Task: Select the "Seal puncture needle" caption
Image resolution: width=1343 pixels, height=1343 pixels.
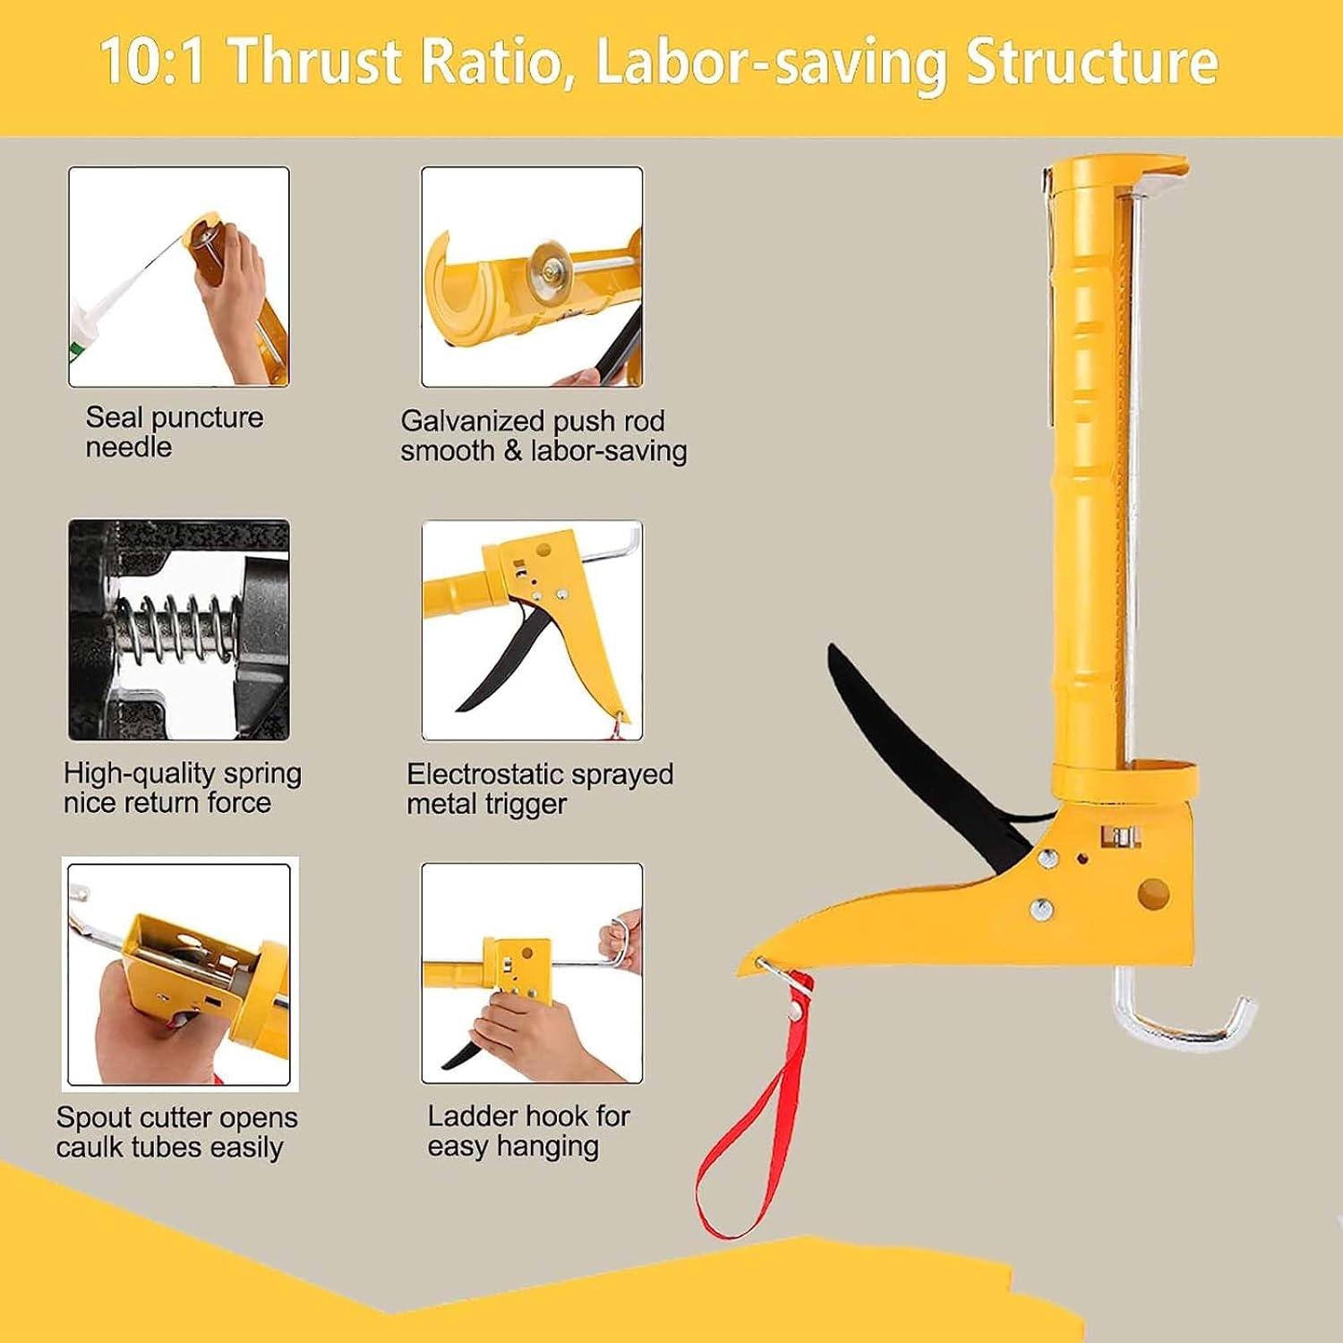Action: click(x=175, y=432)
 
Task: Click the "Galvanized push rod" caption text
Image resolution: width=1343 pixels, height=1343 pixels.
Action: click(x=533, y=420)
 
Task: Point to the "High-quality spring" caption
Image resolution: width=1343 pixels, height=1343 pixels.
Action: click(x=183, y=773)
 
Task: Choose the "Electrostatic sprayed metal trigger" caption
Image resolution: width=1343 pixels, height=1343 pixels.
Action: click(x=540, y=789)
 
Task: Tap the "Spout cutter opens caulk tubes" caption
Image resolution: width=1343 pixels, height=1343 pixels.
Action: click(x=176, y=1132)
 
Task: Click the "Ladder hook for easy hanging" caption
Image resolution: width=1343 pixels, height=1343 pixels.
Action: click(x=528, y=1130)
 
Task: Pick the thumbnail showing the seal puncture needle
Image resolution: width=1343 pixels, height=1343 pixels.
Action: click(x=179, y=277)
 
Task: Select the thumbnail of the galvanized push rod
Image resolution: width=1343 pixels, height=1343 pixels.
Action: click(x=532, y=277)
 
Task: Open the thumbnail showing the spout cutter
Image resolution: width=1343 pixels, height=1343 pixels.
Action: click(x=179, y=974)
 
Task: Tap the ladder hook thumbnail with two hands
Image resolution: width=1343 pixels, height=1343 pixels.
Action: click(x=532, y=973)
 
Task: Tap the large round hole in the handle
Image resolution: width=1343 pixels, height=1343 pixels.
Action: click(x=1153, y=893)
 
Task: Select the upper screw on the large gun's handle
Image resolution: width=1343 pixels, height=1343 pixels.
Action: click(x=1046, y=859)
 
